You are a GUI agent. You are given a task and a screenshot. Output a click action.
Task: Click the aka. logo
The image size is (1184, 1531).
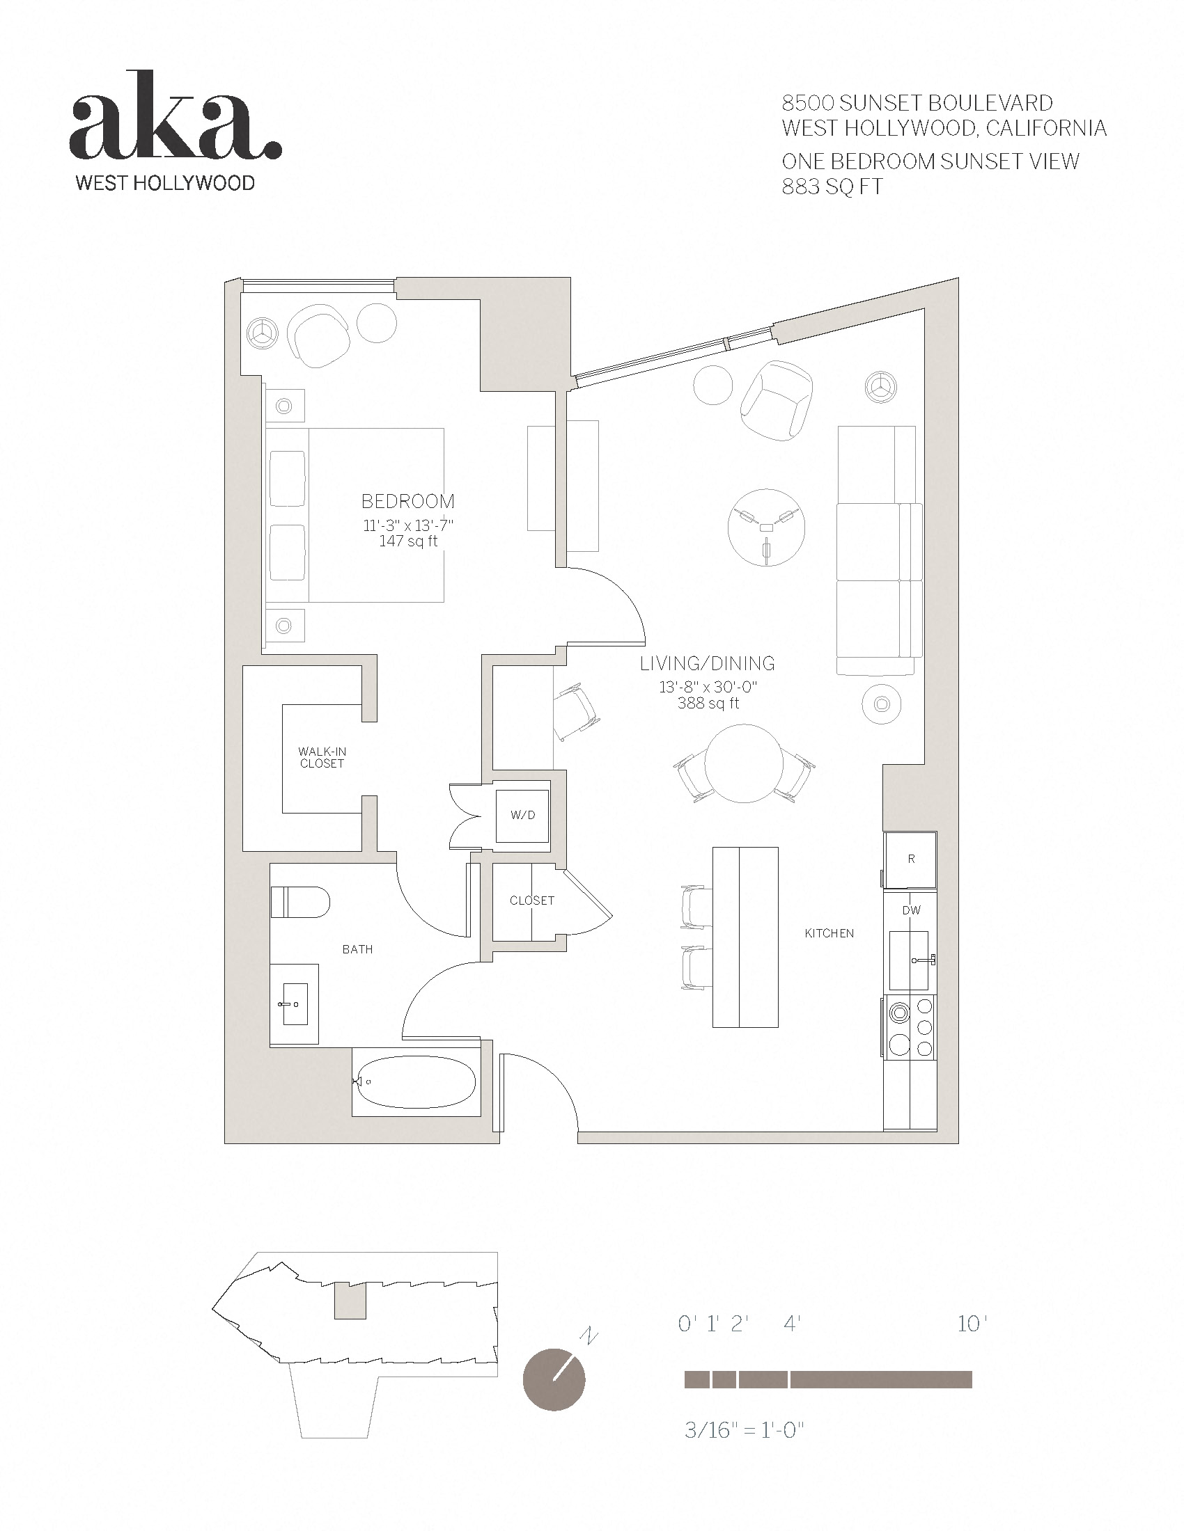pos(176,119)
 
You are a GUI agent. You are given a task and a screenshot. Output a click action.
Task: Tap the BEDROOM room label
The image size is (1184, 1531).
pos(407,501)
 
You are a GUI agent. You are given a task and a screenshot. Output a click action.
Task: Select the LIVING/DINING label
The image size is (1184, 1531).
pos(707,663)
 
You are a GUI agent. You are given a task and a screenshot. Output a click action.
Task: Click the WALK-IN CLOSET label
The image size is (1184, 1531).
pos(322,758)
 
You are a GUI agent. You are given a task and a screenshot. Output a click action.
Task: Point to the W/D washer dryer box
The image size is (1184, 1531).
pos(522,816)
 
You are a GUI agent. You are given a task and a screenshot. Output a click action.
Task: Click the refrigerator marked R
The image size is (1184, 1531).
pos(910,859)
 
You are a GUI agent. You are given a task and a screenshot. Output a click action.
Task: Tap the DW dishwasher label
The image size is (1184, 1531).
pos(911,911)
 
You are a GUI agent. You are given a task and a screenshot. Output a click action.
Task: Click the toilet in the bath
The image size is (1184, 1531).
pos(300,902)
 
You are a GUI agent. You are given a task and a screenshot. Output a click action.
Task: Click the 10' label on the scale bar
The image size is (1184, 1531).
pos(972,1324)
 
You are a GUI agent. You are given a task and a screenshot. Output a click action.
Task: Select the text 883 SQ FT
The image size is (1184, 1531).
pos(832,187)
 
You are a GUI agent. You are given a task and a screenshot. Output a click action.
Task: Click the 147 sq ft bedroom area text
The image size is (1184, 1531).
pos(407,541)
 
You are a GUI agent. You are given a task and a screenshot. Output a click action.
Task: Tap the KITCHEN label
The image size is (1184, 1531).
pos(829,933)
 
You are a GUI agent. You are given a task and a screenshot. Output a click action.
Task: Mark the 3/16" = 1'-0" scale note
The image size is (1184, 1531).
pos(743,1430)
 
